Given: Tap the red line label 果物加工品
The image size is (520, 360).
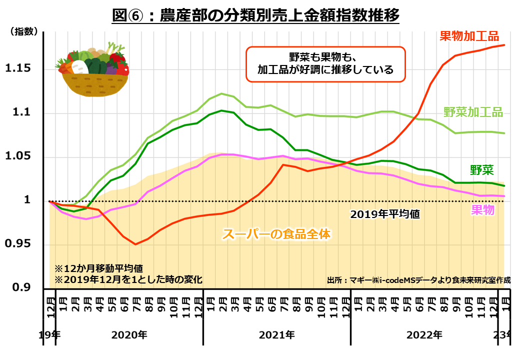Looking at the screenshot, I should coord(469,36).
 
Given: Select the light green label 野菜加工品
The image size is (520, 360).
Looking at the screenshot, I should coord(473,112).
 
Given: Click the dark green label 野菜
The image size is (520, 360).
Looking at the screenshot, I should coord(481,170).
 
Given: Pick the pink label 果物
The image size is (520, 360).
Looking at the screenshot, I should coord(482,210).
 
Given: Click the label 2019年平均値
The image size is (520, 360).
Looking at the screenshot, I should coord(384,214).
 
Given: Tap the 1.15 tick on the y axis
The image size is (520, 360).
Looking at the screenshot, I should coord(18,68).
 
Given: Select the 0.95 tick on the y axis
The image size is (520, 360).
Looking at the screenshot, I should coord(18,244).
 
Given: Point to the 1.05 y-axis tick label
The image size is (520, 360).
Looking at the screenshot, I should coord(18,156).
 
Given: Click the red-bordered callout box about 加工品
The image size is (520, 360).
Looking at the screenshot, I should coord(325,63).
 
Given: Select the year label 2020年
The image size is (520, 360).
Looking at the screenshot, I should coord(129,334).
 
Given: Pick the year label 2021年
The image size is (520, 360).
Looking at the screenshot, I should coord(276,334).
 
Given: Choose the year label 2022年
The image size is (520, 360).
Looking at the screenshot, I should coord(424,334).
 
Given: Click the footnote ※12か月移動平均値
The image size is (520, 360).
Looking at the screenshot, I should coord(99,268).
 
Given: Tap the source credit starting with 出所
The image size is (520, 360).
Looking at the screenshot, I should coord(418,280).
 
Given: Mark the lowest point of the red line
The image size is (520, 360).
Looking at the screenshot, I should coord(135,244).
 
